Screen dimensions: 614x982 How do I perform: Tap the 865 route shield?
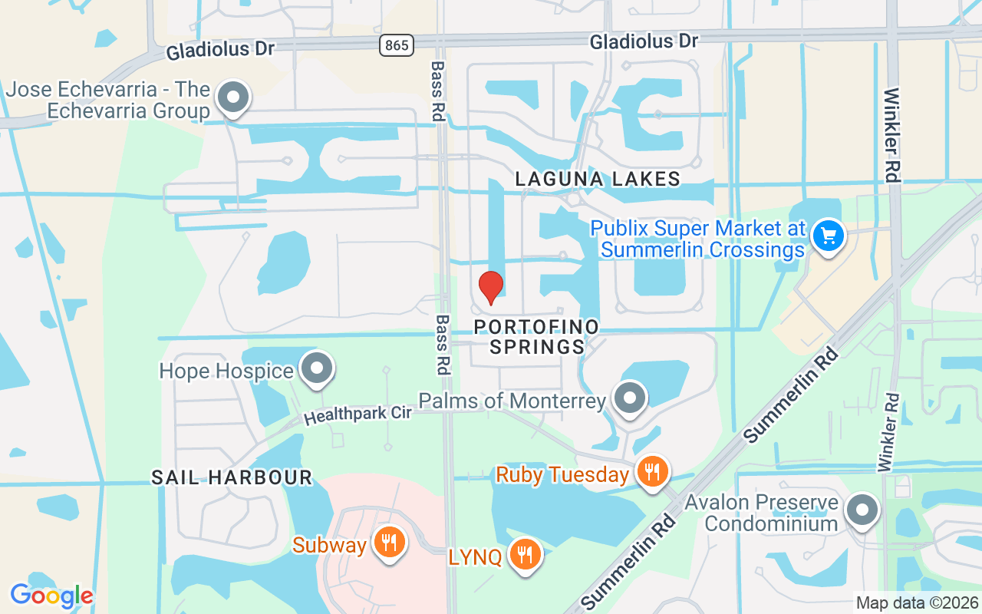[396, 45]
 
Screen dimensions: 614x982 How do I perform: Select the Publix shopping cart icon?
[828, 235]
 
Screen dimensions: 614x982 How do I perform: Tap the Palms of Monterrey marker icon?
[631, 398]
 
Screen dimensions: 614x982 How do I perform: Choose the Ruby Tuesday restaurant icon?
[653, 471]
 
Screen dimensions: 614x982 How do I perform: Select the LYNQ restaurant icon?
[526, 553]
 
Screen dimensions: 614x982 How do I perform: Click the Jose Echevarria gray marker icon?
[232, 97]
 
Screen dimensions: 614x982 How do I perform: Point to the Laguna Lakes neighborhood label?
[598, 179]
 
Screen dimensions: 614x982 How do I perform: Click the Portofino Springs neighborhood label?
[537, 337]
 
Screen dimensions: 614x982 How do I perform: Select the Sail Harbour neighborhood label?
[232, 477]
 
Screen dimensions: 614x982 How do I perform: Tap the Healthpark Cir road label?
[358, 414]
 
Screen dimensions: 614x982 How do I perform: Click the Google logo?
[51, 596]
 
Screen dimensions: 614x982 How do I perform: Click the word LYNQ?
[476, 556]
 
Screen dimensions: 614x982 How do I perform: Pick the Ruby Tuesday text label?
[562, 474]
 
